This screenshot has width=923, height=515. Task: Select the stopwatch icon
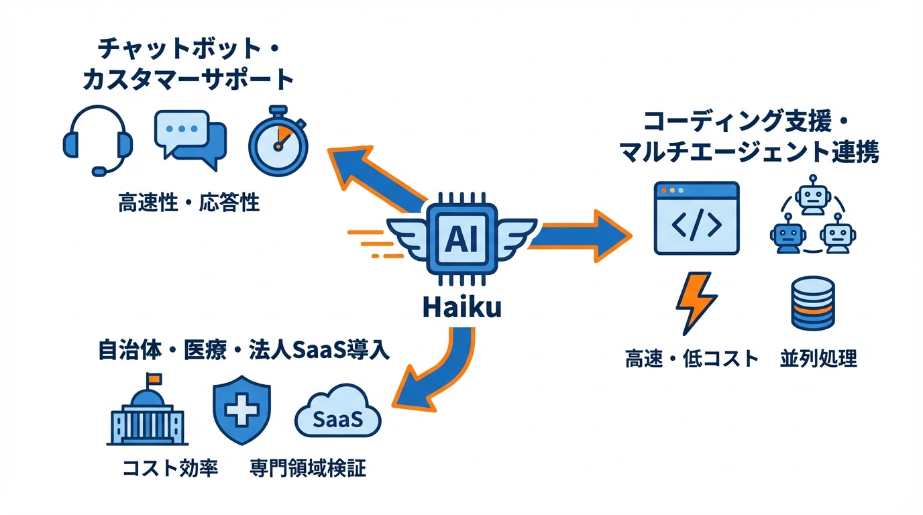278,140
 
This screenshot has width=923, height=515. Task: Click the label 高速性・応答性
189,203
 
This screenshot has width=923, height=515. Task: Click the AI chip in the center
461,239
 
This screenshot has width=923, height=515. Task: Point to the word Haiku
462,308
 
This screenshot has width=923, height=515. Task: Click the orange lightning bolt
694,302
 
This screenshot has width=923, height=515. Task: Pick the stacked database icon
812,304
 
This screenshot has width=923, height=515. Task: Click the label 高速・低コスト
692,359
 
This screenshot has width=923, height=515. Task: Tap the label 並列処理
818,359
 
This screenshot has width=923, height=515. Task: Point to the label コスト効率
170,467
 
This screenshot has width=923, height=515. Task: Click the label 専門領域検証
308,467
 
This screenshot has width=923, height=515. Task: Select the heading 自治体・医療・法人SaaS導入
243,350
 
